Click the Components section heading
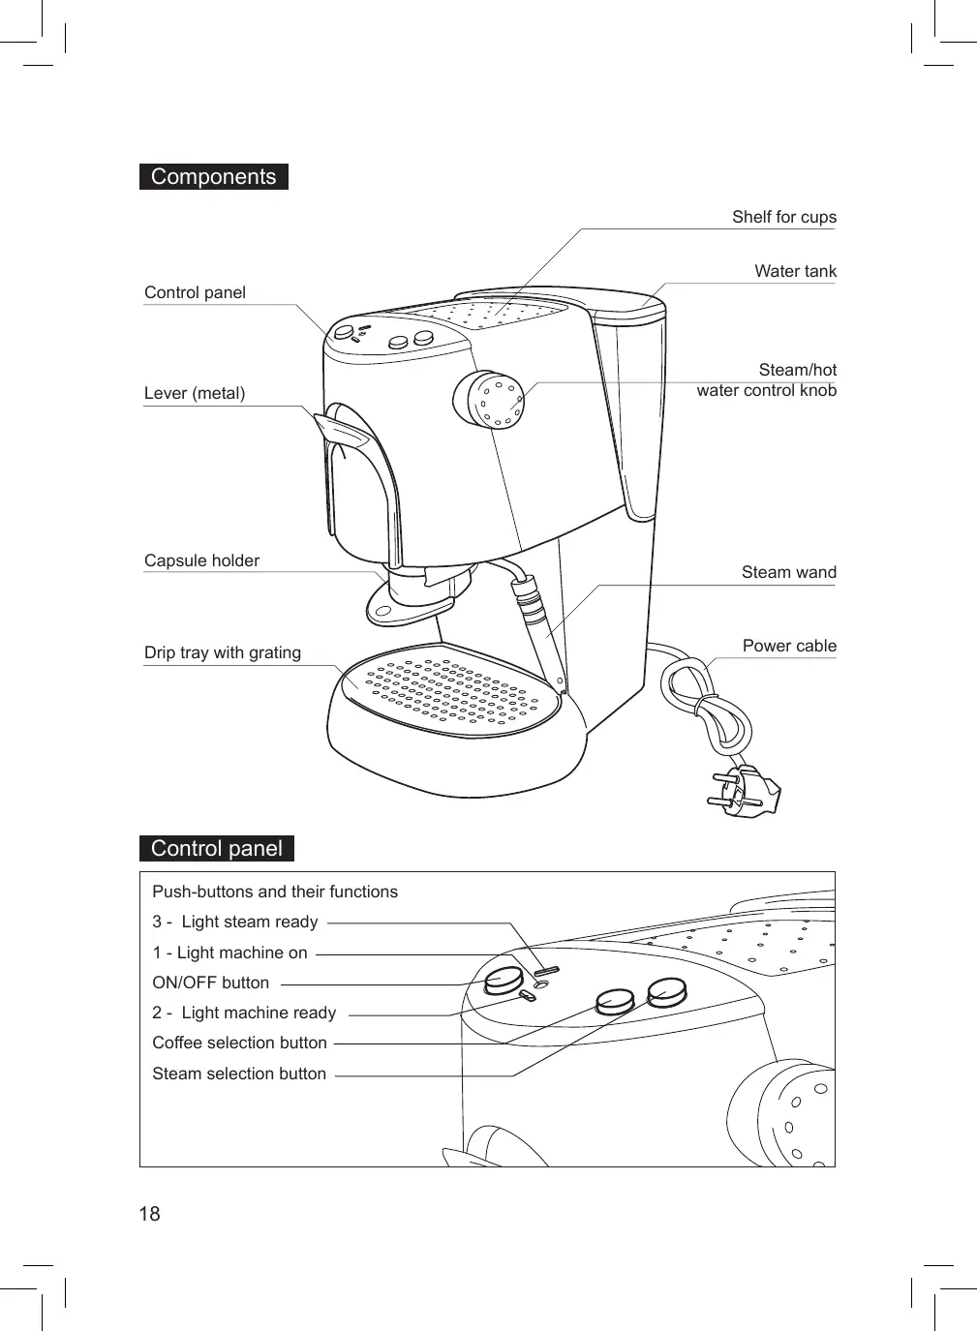(x=213, y=177)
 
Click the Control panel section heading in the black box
(x=216, y=849)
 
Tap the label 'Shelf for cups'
(x=783, y=217)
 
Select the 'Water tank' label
(x=795, y=271)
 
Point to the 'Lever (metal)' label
(x=195, y=393)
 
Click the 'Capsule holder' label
(x=201, y=560)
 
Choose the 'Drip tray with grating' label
(x=223, y=652)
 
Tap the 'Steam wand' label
(x=788, y=572)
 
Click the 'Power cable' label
(x=789, y=646)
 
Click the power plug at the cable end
(x=747, y=789)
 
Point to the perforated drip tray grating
(x=450, y=691)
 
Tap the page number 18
(x=150, y=1214)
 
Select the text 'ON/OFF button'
(x=211, y=983)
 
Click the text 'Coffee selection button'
(x=239, y=1043)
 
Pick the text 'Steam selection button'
(x=239, y=1074)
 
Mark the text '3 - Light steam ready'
(x=235, y=922)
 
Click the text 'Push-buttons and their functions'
(x=275, y=892)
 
